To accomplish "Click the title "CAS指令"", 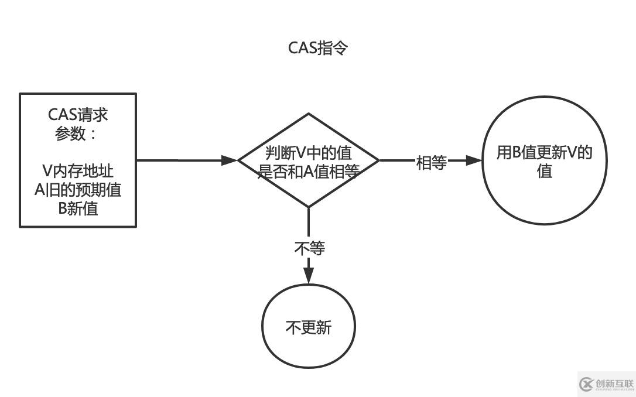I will point(318,48).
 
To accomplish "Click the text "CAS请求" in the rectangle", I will point(78,114).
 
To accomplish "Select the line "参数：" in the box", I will point(76,134).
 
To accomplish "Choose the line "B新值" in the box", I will point(78,208).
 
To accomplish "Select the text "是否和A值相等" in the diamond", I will point(309,170).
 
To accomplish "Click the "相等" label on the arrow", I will point(431,162).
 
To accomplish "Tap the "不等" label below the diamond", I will point(309,248).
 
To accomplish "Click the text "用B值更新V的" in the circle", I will point(545,152).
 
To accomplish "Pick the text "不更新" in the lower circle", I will point(309,327).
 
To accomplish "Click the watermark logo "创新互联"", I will point(606,384).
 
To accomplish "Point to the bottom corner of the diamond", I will point(309,206).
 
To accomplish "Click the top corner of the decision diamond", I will point(309,114).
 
